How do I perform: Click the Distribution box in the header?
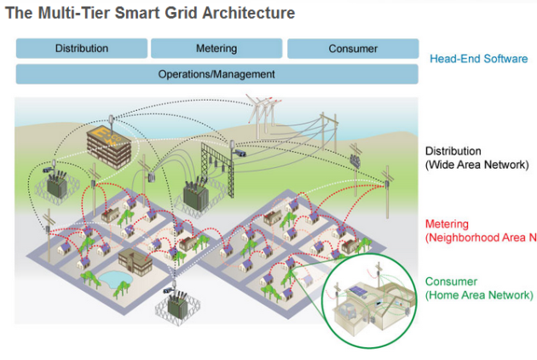82,49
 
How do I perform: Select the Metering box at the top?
217,49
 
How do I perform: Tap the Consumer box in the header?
353,49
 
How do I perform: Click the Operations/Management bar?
217,74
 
